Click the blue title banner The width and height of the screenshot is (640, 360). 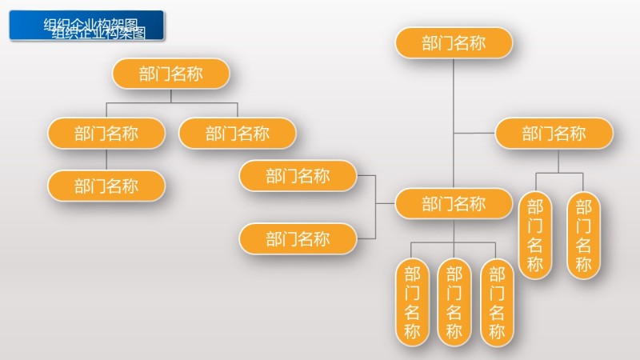(86, 25)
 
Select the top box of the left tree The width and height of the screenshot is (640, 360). (170, 74)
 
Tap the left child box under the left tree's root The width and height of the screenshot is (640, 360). (106, 133)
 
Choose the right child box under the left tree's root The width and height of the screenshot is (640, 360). (238, 133)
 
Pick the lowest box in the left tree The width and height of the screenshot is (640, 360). (106, 186)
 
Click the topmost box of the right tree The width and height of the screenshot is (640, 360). (454, 43)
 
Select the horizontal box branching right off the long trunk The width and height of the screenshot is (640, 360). (554, 133)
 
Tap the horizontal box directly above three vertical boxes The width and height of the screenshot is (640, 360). (454, 203)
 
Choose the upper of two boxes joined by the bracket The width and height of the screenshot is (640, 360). (298, 176)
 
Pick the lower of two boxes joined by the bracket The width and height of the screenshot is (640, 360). (298, 238)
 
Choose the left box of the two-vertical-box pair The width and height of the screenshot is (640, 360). (535, 235)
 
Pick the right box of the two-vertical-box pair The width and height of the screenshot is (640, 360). (583, 235)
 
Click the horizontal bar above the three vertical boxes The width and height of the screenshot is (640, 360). (454, 242)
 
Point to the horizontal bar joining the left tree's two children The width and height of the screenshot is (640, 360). (172, 103)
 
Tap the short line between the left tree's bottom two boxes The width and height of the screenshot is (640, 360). (106, 159)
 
